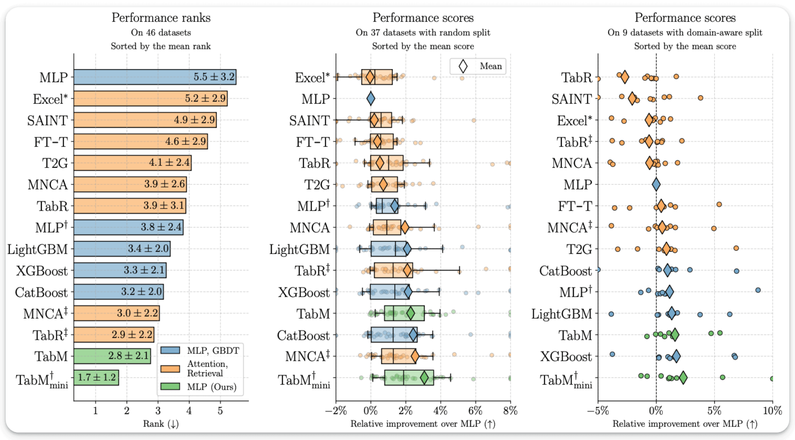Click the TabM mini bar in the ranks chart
[96, 377]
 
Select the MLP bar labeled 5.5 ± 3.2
[154, 77]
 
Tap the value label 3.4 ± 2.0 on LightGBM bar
[148, 248]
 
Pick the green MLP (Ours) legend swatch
[170, 386]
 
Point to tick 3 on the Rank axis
[158, 411]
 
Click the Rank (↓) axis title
[161, 424]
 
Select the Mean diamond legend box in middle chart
[478, 66]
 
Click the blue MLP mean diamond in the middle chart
[370, 99]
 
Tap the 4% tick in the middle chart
[440, 411]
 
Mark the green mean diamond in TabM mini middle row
[424, 378]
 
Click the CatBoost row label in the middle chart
[303, 335]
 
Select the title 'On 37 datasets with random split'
[423, 32]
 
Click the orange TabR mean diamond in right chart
[625, 77]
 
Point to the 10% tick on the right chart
[772, 411]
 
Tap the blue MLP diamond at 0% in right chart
[656, 185]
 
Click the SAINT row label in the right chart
[572, 99]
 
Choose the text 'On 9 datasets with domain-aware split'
[685, 32]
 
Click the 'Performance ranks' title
[161, 18]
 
